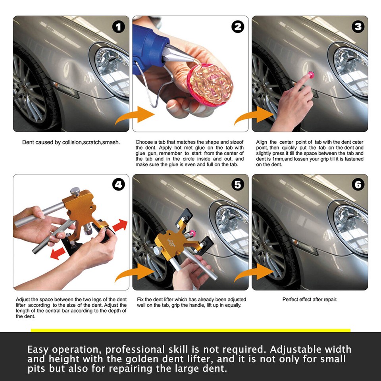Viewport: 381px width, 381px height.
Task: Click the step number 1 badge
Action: click(119, 27)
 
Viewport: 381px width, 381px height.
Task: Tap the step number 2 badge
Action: click(238, 27)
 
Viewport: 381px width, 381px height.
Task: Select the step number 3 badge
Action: click(358, 27)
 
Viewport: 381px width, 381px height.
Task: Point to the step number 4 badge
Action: click(119, 185)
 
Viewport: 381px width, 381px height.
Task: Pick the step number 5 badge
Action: click(238, 185)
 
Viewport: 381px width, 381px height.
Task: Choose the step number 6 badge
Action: click(358, 185)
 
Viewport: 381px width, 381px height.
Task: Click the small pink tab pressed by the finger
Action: click(311, 75)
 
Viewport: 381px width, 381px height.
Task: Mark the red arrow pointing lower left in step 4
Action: click(57, 254)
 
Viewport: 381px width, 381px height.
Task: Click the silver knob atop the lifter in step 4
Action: click(75, 191)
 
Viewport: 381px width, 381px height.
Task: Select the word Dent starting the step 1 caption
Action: click(27, 142)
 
